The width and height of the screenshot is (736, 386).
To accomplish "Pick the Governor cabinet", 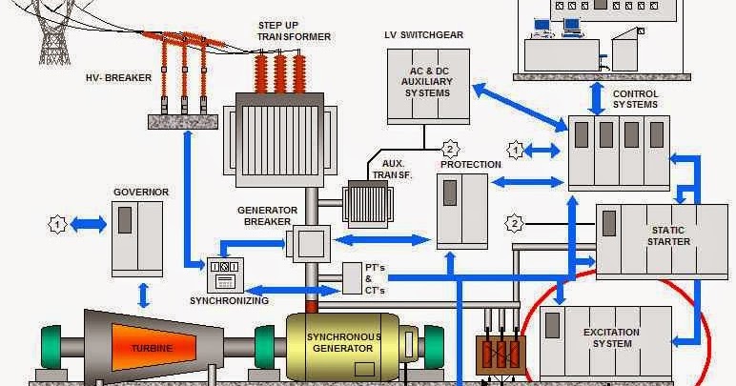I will (137, 238).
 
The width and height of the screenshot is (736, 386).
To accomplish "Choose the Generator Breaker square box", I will (308, 243).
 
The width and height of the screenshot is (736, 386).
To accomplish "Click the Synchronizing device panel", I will (226, 275).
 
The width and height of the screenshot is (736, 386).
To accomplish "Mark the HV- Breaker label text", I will (118, 78).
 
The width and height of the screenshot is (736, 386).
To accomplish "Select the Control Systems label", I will (635, 99).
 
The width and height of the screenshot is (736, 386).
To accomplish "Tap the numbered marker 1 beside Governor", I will (58, 224).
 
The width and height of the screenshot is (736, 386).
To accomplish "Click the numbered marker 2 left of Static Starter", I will (517, 224).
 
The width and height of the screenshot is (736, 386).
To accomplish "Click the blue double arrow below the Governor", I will (143, 292).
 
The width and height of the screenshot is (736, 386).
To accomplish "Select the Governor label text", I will (140, 192).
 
